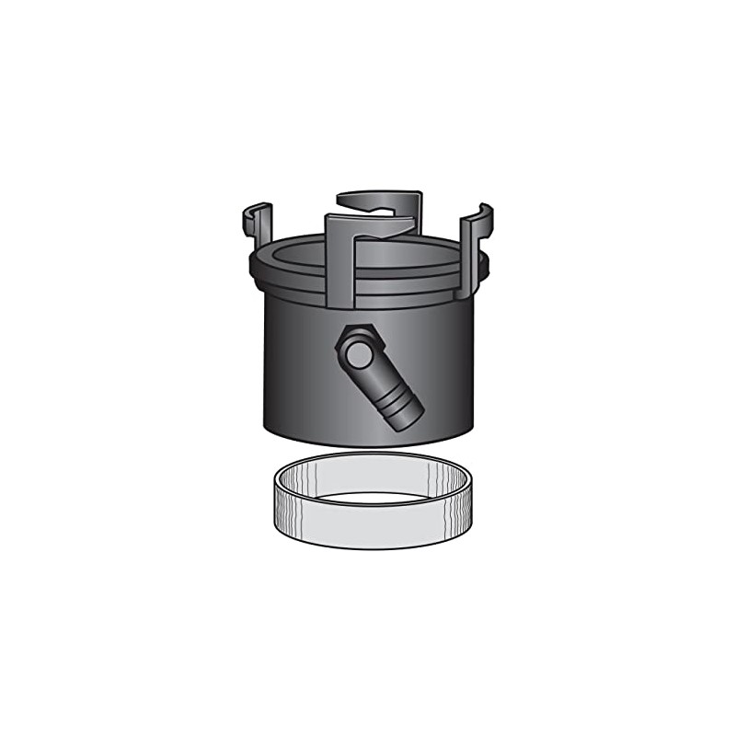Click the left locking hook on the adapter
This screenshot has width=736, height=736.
click(258, 224)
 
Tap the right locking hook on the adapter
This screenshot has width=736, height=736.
click(476, 235)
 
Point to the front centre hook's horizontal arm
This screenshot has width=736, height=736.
click(368, 222)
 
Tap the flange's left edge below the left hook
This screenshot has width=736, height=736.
click(253, 268)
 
